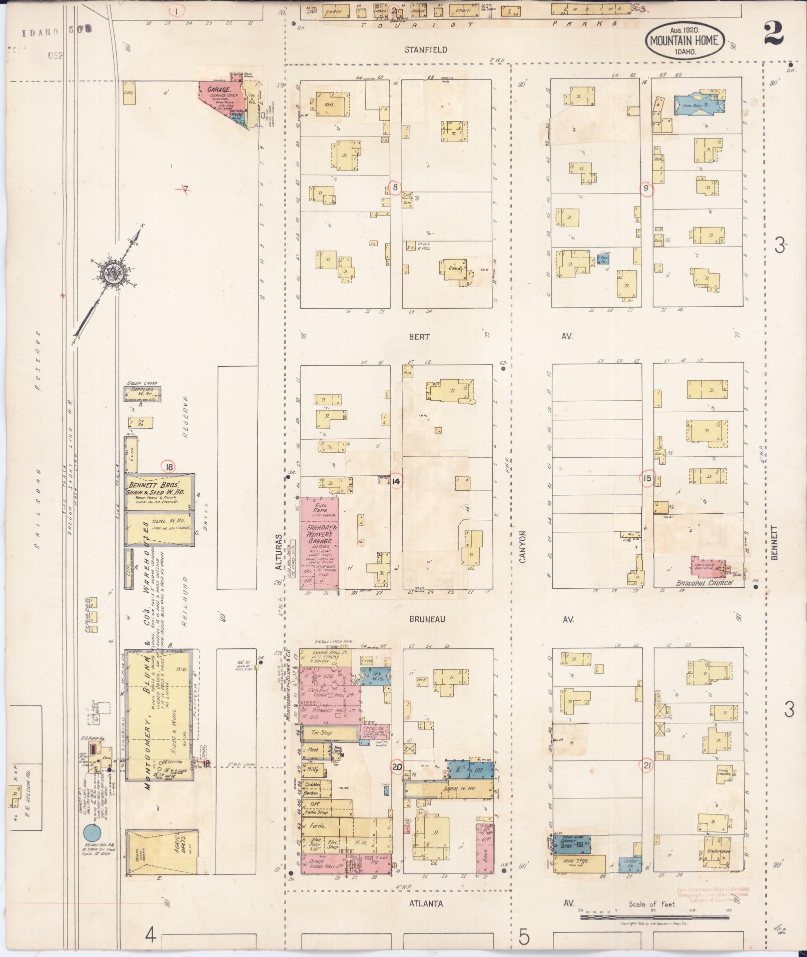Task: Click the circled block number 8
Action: pos(395,188)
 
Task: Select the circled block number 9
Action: pos(647,189)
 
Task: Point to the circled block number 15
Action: pos(647,479)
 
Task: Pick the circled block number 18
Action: pos(170,467)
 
